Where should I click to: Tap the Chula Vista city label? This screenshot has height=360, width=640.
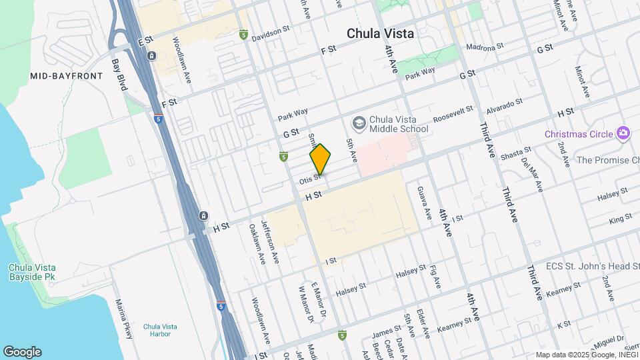(380, 33)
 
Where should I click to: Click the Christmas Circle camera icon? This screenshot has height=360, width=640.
(623, 133)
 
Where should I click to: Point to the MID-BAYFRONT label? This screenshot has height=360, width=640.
(67, 76)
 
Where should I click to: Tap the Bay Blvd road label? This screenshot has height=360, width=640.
(119, 75)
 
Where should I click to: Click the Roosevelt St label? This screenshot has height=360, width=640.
(453, 113)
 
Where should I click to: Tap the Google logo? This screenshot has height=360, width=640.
(22, 352)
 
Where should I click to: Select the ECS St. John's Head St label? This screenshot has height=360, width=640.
(593, 267)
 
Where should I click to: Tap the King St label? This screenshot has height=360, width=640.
(620, 218)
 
